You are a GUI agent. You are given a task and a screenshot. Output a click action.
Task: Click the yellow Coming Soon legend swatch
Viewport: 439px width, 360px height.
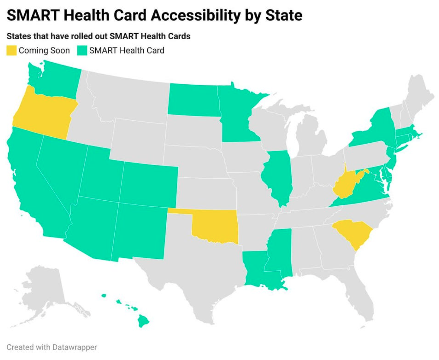pos(11,51)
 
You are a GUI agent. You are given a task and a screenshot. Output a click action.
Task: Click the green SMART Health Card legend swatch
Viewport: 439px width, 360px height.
pos(82,51)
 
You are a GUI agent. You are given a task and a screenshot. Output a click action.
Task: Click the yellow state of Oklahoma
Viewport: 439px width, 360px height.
pos(215,227)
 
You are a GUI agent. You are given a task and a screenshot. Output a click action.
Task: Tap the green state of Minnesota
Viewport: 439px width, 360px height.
pos(236,115)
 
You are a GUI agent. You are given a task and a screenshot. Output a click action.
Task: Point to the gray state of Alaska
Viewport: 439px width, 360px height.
pos(46,290)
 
